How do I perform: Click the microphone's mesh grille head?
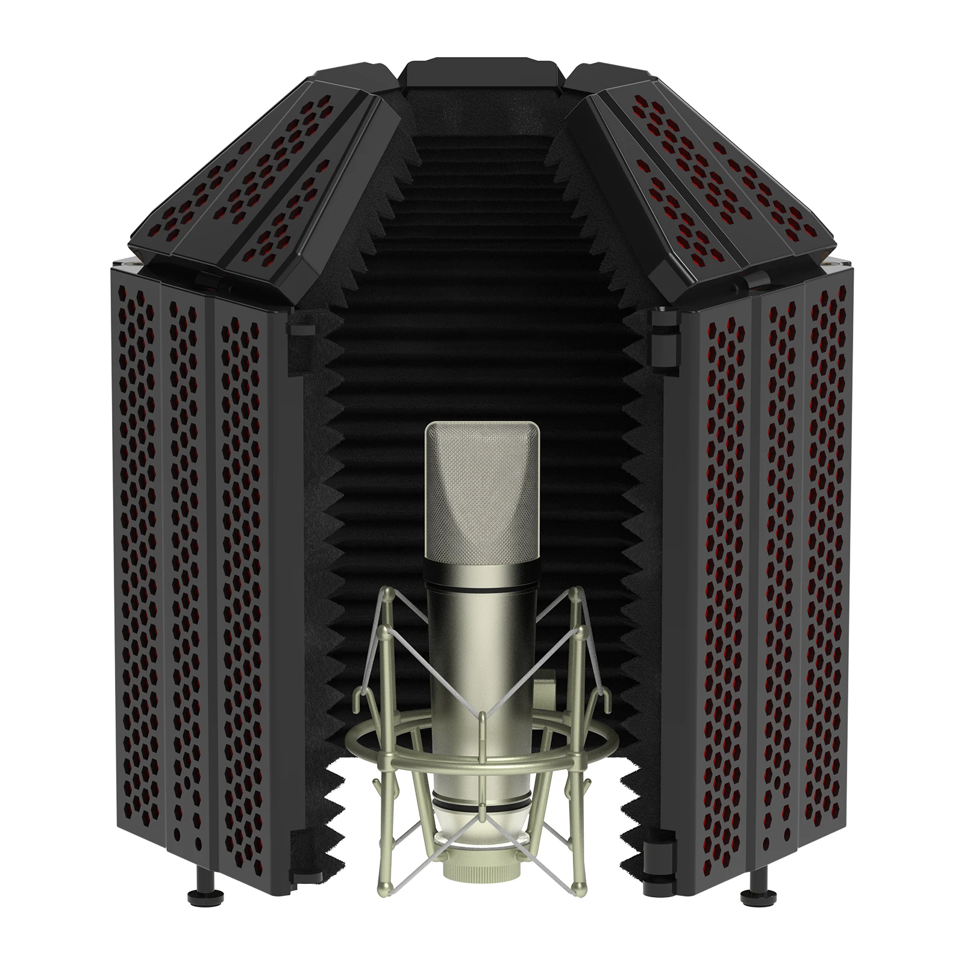pos(482,494)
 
